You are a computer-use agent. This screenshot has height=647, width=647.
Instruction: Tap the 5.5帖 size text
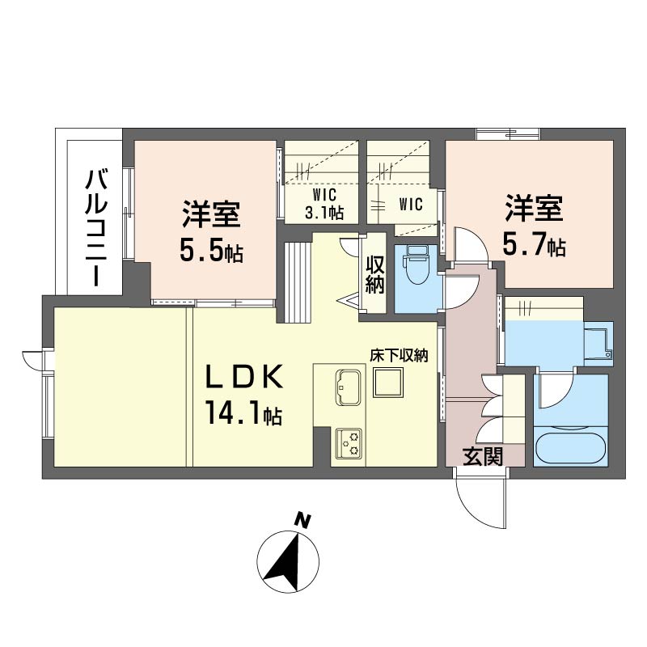click(211, 251)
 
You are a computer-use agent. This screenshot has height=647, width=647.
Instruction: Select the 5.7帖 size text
click(534, 245)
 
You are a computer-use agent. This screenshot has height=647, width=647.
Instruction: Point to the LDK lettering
click(244, 377)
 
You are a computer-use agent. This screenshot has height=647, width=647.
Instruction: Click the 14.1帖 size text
click(244, 413)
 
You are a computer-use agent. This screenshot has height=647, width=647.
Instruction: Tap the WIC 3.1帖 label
click(324, 204)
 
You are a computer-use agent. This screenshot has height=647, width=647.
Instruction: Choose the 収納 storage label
click(374, 275)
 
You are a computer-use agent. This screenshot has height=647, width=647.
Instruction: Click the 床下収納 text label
click(399, 355)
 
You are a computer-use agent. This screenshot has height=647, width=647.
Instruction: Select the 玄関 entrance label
click(483, 456)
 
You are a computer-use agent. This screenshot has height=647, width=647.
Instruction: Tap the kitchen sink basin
click(349, 387)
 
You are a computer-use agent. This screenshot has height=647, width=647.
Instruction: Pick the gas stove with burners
click(349, 444)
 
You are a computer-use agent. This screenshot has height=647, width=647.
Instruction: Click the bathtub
click(571, 448)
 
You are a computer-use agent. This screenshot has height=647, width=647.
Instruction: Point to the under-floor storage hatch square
click(387, 383)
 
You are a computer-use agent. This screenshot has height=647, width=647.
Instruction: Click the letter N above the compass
click(304, 521)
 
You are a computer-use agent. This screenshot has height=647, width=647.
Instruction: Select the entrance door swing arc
click(475, 508)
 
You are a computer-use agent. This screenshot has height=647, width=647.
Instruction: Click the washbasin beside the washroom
click(598, 343)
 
